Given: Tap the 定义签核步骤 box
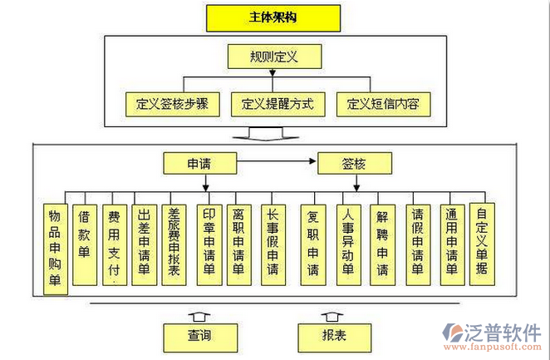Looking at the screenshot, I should (172, 105).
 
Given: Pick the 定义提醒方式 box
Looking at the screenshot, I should (277, 105).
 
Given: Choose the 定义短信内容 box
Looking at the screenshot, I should (384, 105).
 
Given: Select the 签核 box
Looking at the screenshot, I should (353, 163).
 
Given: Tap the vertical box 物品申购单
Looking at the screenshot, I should (55, 247).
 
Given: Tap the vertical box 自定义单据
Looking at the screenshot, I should (482, 241).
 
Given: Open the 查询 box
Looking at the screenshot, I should (198, 337).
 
